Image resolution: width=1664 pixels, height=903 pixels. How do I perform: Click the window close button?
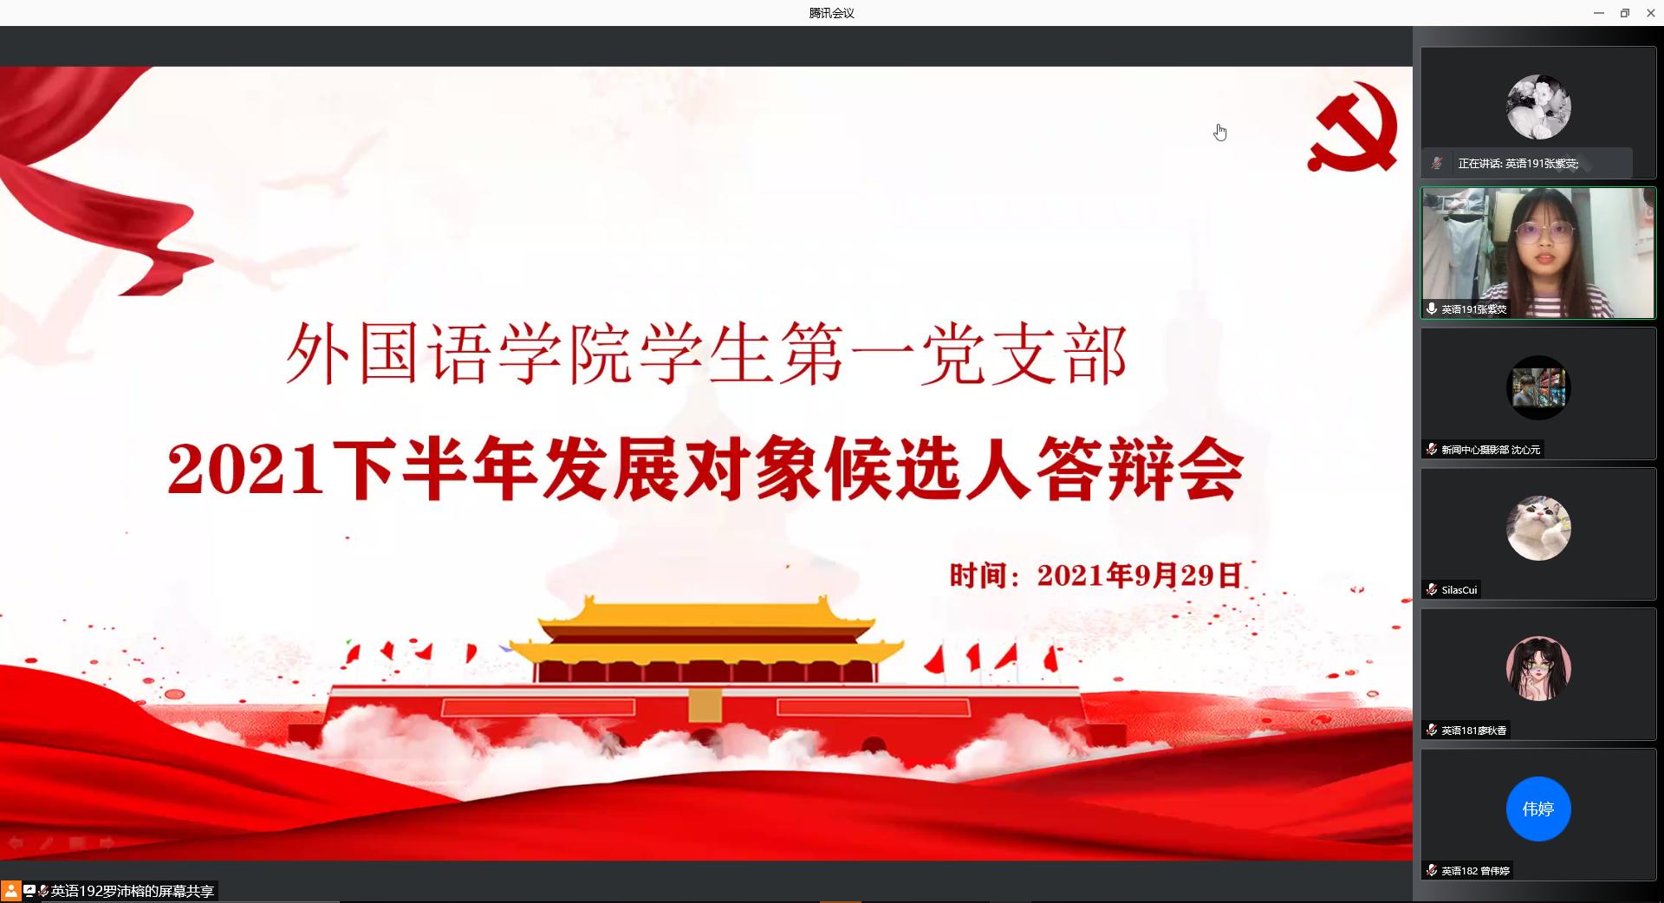(x=1650, y=13)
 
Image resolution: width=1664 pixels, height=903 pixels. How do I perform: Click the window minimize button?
(x=1599, y=13)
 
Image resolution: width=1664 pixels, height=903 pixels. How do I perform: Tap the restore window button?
(x=1625, y=13)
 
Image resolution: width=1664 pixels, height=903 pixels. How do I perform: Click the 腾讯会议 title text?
(x=831, y=13)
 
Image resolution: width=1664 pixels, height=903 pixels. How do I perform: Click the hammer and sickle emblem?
(x=1353, y=127)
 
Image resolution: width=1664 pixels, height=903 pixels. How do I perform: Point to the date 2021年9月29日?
(x=1140, y=575)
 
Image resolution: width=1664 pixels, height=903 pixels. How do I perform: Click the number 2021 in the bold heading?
(x=245, y=470)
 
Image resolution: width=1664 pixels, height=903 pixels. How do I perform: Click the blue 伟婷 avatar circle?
(x=1538, y=809)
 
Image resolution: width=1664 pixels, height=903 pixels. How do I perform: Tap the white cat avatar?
(x=1538, y=528)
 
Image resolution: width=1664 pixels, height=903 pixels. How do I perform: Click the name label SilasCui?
(x=1459, y=590)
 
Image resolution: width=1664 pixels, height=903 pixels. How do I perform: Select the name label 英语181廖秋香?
(x=1474, y=731)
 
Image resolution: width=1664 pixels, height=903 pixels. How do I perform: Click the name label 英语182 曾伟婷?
(x=1476, y=871)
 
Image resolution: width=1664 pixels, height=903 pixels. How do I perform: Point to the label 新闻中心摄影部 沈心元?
(x=1491, y=450)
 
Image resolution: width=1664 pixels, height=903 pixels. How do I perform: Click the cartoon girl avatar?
(x=1538, y=668)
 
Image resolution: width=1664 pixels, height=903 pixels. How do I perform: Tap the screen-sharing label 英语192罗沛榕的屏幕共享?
(x=133, y=891)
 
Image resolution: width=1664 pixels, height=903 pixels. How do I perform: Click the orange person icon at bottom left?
(x=10, y=891)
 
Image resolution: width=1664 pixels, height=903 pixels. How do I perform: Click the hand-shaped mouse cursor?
(x=1220, y=132)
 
